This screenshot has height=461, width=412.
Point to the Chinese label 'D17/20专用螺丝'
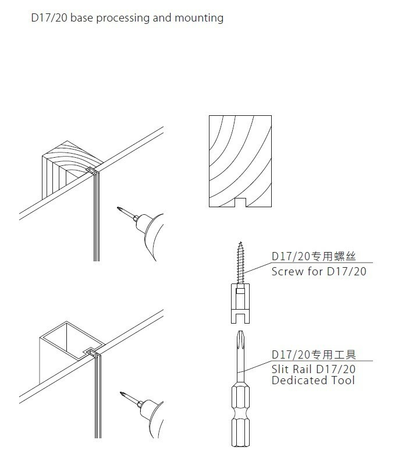(314, 256)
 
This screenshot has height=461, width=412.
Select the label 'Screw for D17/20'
(319, 271)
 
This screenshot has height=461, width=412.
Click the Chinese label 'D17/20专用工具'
(314, 354)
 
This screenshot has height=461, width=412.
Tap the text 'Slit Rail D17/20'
(314, 370)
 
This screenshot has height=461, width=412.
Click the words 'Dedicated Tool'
(313, 381)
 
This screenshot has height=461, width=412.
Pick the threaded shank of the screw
(240, 262)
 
